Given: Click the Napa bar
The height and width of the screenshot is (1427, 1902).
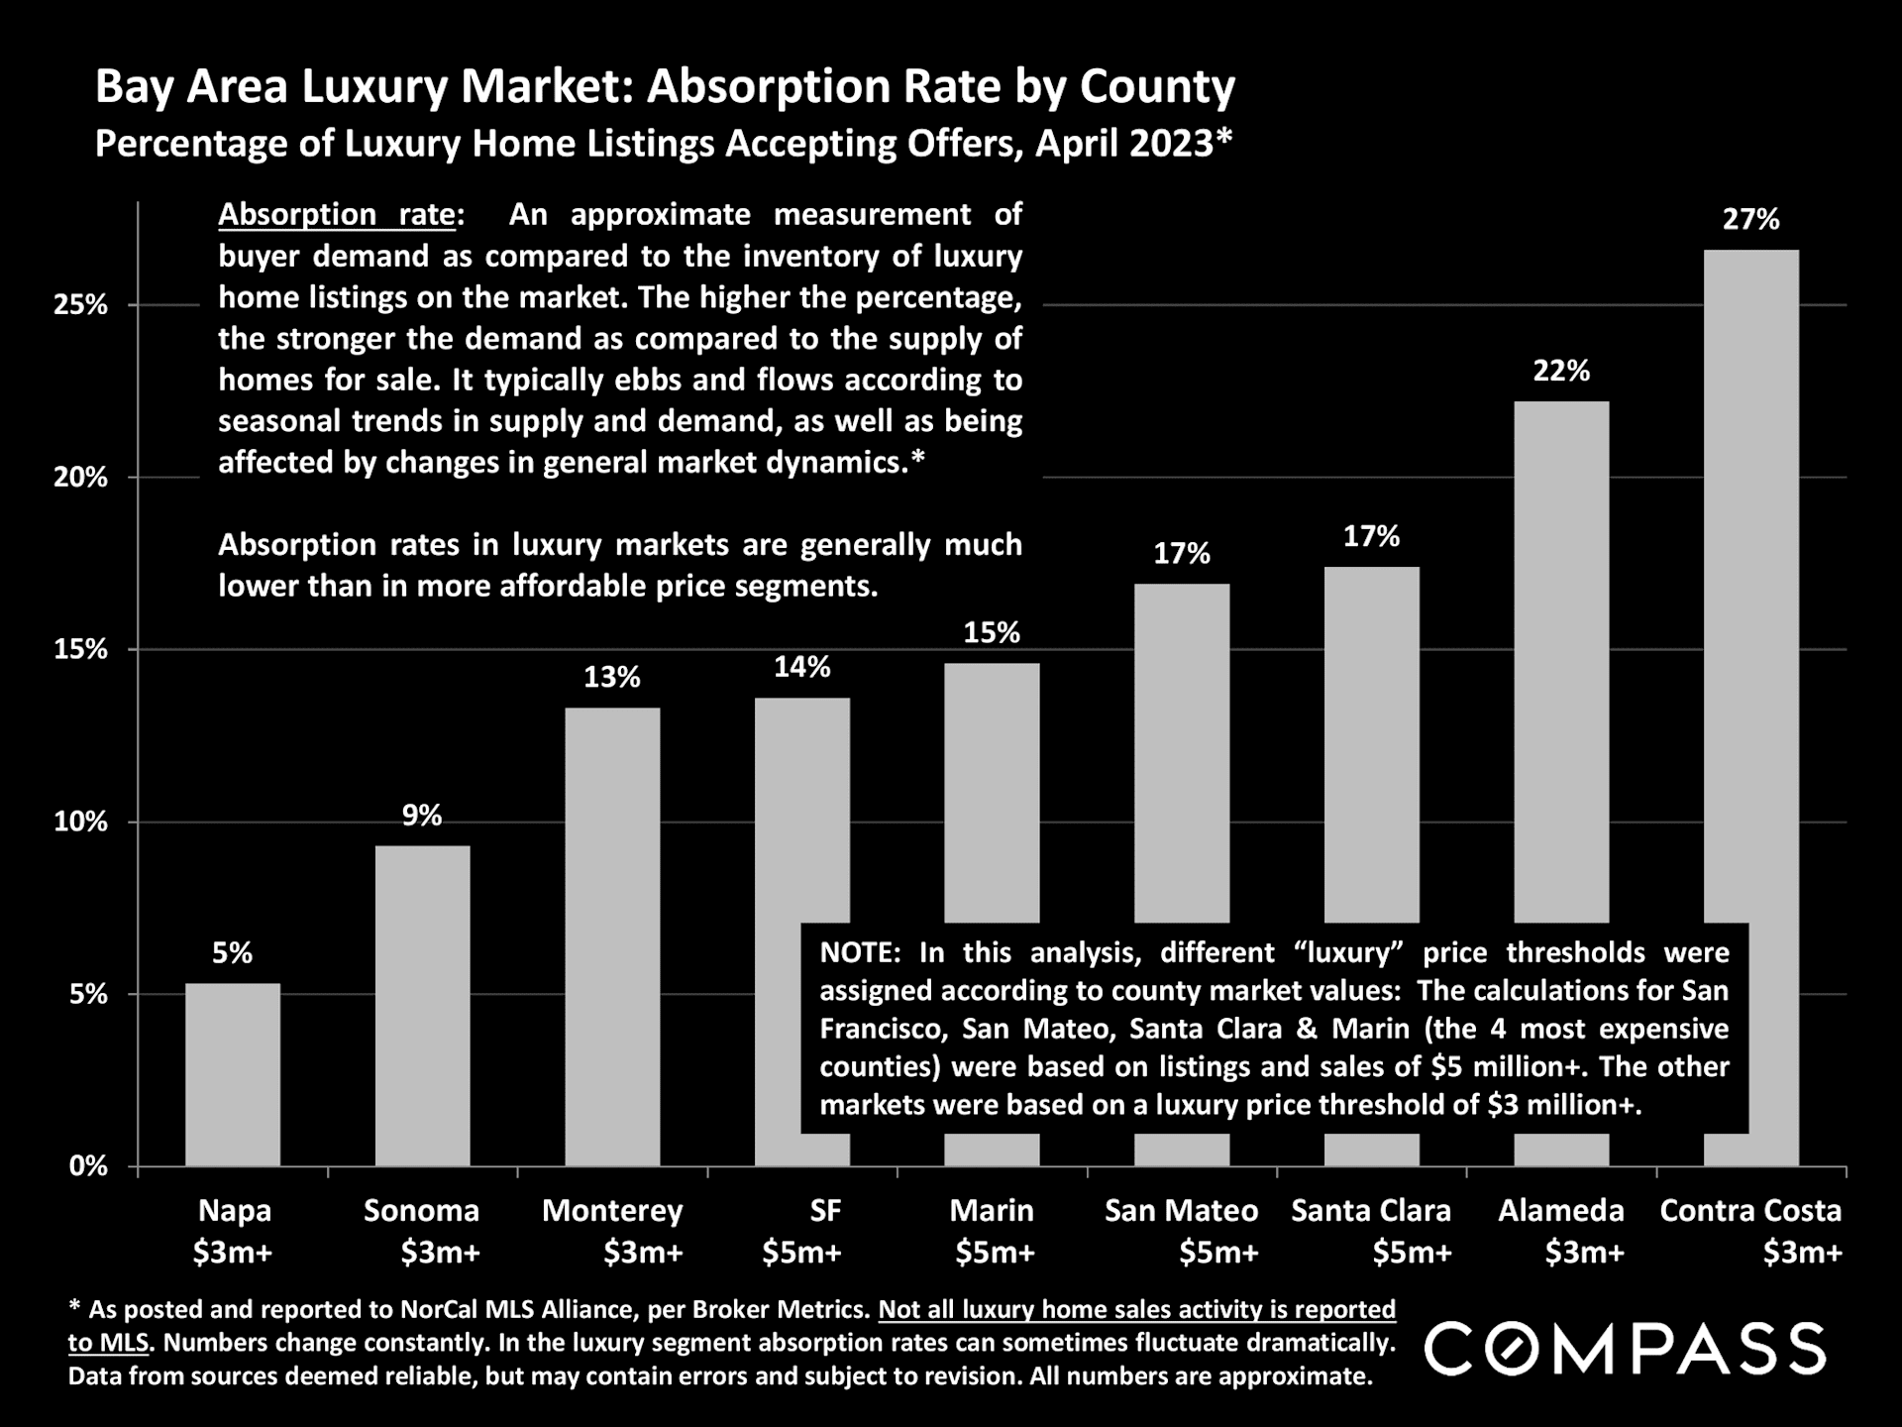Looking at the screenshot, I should click(233, 1074).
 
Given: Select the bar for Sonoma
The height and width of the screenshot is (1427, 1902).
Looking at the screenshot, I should click(423, 1005).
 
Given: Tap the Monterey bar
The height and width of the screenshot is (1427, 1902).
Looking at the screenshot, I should click(612, 936).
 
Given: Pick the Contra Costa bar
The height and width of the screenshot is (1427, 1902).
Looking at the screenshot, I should click(1751, 595).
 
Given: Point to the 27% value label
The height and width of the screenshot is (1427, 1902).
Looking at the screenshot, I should click(1750, 219).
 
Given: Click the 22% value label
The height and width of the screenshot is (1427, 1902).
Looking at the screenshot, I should click(1561, 371).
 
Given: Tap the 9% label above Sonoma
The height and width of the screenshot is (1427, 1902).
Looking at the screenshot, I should click(422, 816).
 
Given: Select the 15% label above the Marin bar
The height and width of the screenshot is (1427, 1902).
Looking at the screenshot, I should click(992, 632).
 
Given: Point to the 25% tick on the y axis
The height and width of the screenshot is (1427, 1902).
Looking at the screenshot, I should click(80, 305).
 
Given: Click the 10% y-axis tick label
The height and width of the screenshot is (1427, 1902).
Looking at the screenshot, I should click(80, 823).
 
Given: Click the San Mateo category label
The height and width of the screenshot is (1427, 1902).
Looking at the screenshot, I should click(1181, 1211).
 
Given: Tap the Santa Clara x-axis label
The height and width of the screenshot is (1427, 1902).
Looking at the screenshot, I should click(1371, 1211).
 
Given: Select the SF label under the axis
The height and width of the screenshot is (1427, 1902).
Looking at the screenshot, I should click(825, 1211).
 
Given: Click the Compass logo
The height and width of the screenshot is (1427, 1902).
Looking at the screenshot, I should click(1625, 1349).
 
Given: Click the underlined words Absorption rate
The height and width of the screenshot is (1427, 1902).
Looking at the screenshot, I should click(337, 214).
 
